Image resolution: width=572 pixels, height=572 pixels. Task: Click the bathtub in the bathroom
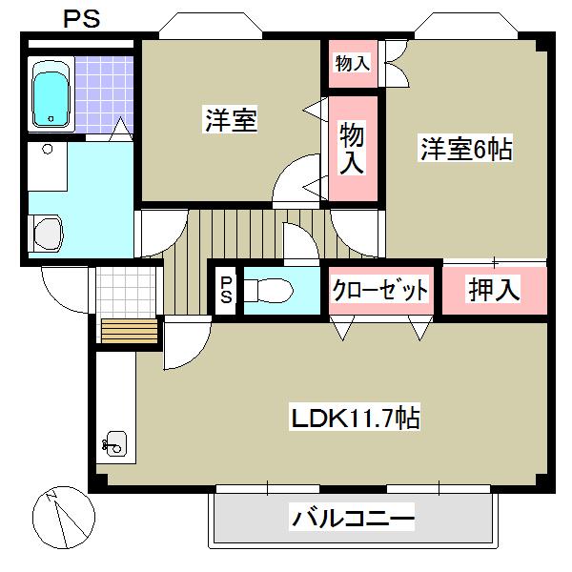(51, 92)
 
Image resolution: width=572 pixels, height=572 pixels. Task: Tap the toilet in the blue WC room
(272, 290)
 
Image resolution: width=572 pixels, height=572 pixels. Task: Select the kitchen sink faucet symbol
(112, 443)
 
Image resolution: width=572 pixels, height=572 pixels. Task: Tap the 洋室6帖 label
(466, 149)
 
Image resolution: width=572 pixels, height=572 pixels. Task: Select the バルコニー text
(352, 521)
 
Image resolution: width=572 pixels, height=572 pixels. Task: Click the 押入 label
(494, 290)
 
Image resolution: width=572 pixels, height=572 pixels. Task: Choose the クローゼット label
(379, 290)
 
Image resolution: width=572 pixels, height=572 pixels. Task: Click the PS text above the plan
(82, 18)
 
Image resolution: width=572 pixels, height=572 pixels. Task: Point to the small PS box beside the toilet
(225, 289)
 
